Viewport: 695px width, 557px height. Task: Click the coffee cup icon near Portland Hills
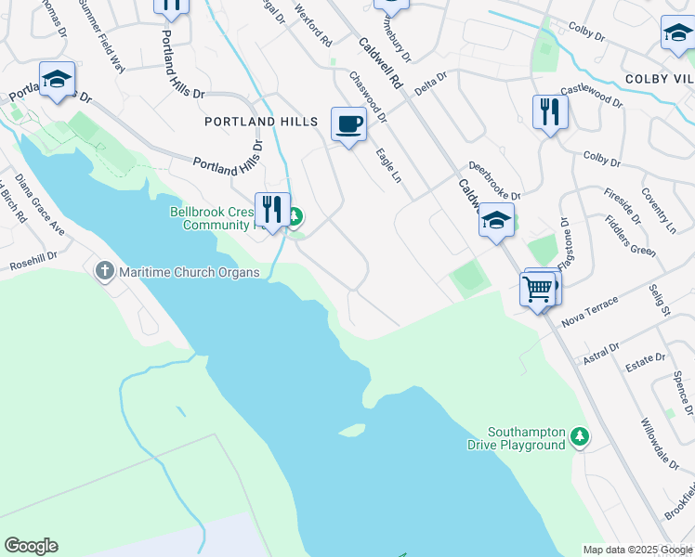coord(348,124)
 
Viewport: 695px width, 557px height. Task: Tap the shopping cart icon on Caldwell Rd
coord(540,289)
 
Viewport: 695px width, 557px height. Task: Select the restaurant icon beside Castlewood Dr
coord(550,112)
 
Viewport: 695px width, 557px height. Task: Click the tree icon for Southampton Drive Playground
coord(580,435)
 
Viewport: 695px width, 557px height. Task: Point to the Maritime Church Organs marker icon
coord(103,271)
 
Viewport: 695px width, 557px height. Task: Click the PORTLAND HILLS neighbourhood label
coord(260,122)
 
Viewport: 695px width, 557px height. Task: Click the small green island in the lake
coord(351,430)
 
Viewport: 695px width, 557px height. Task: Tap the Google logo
coord(31,546)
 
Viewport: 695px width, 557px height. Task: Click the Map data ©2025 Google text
coord(636,550)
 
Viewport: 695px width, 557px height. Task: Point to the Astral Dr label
coord(601,352)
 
